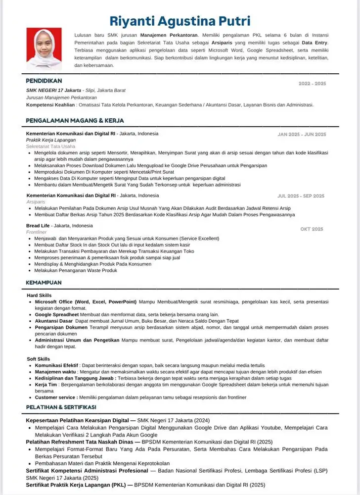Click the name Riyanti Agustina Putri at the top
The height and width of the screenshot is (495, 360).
click(x=180, y=21)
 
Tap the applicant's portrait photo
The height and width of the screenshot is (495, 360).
click(x=44, y=48)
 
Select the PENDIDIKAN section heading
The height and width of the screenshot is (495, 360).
click(x=44, y=80)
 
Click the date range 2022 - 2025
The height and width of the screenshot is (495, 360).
click(x=312, y=84)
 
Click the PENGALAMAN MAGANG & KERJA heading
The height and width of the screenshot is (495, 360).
click(x=75, y=120)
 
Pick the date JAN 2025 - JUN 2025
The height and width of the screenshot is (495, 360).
click(x=302, y=134)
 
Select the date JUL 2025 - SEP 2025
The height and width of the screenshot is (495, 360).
click(x=301, y=196)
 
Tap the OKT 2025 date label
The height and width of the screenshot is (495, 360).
click(x=312, y=229)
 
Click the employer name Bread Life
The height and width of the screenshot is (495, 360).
click(x=38, y=226)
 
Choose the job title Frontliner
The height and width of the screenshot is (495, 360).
click(x=36, y=232)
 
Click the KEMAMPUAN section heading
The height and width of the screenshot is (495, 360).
click(x=44, y=283)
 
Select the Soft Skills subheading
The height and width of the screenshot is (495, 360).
click(x=38, y=358)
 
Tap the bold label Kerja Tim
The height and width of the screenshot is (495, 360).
click(x=46, y=384)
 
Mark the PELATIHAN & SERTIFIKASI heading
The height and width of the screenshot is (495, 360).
click(x=61, y=407)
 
